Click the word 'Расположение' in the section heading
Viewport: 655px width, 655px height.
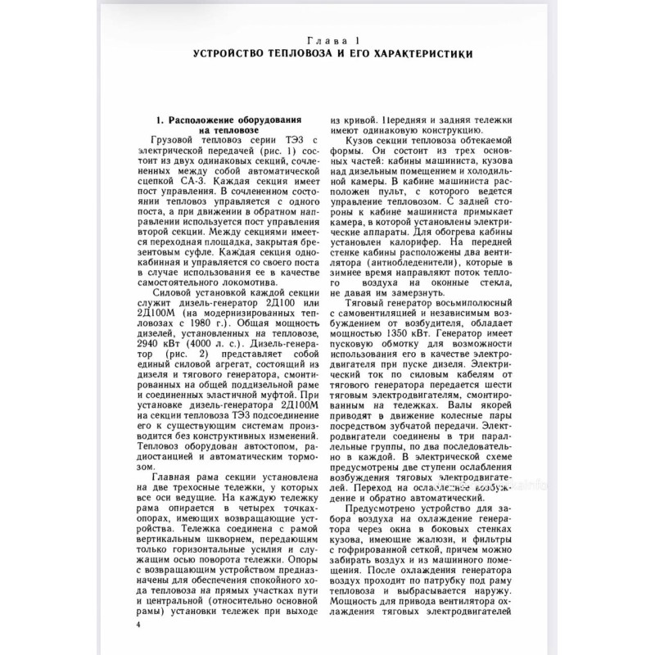(x=201, y=120)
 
